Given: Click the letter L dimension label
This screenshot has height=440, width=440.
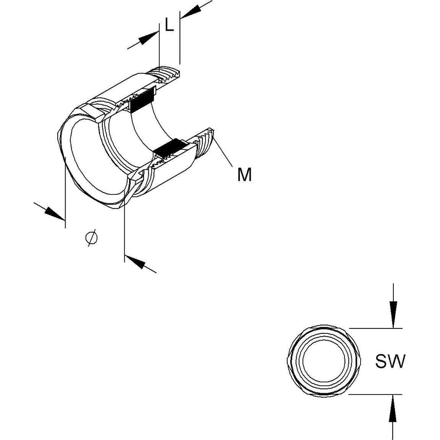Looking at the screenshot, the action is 169,24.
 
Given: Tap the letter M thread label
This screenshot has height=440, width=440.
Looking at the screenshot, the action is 244,174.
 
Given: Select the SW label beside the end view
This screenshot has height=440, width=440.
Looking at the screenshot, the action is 390,361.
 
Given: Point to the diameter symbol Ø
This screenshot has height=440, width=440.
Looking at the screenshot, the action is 91,238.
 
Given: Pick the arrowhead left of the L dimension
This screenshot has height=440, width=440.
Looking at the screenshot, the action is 148,38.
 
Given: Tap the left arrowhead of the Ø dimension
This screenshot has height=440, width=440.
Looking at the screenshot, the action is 54,213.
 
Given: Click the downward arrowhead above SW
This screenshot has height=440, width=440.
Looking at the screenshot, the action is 393,314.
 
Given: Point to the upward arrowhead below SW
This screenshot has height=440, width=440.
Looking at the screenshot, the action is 393,408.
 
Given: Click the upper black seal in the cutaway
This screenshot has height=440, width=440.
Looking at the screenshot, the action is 142,100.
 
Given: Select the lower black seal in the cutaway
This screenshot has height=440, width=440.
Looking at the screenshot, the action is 171,148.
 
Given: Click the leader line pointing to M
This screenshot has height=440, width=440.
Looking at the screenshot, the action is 223,152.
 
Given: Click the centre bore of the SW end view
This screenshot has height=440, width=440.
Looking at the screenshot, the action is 323,361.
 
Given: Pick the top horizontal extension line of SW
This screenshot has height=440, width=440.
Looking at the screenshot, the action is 376,328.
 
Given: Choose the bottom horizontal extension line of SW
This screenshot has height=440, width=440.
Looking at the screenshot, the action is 376,394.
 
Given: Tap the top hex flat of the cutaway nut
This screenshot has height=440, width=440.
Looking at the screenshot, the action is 92,111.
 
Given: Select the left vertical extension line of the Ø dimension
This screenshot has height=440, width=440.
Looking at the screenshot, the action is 65,193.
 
